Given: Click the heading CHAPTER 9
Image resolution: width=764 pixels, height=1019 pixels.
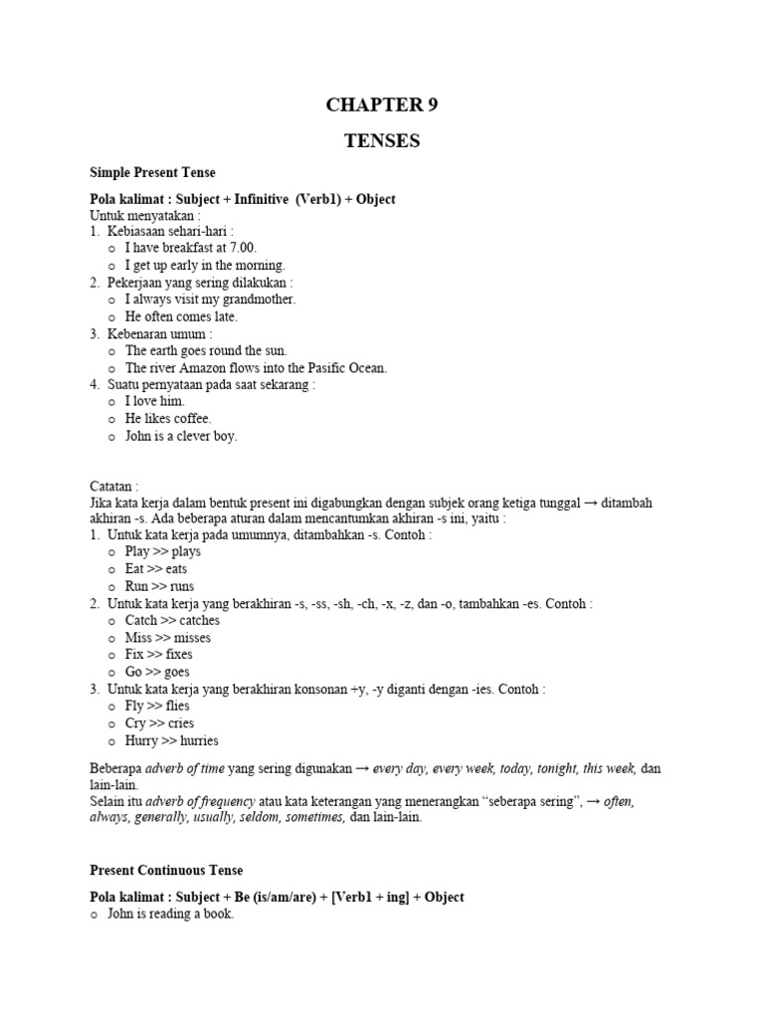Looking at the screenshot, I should click(x=382, y=105).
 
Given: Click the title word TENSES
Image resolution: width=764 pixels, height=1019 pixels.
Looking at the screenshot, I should click(x=382, y=141).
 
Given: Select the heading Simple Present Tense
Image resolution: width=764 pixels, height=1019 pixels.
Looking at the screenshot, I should click(x=152, y=173).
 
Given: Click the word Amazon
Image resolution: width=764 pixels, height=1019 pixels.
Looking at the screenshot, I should click(x=210, y=367).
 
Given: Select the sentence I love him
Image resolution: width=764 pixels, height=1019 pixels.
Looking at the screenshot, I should click(x=155, y=401).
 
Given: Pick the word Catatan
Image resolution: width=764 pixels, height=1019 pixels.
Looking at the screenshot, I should click(x=114, y=487).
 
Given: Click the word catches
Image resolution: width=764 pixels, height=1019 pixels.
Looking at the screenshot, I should click(x=199, y=621).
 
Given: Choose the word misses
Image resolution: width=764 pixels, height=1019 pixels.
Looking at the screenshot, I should click(x=192, y=638).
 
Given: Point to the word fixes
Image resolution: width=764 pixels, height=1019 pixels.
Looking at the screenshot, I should click(x=175, y=655).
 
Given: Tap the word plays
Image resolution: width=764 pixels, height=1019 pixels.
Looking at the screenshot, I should click(x=186, y=552).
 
